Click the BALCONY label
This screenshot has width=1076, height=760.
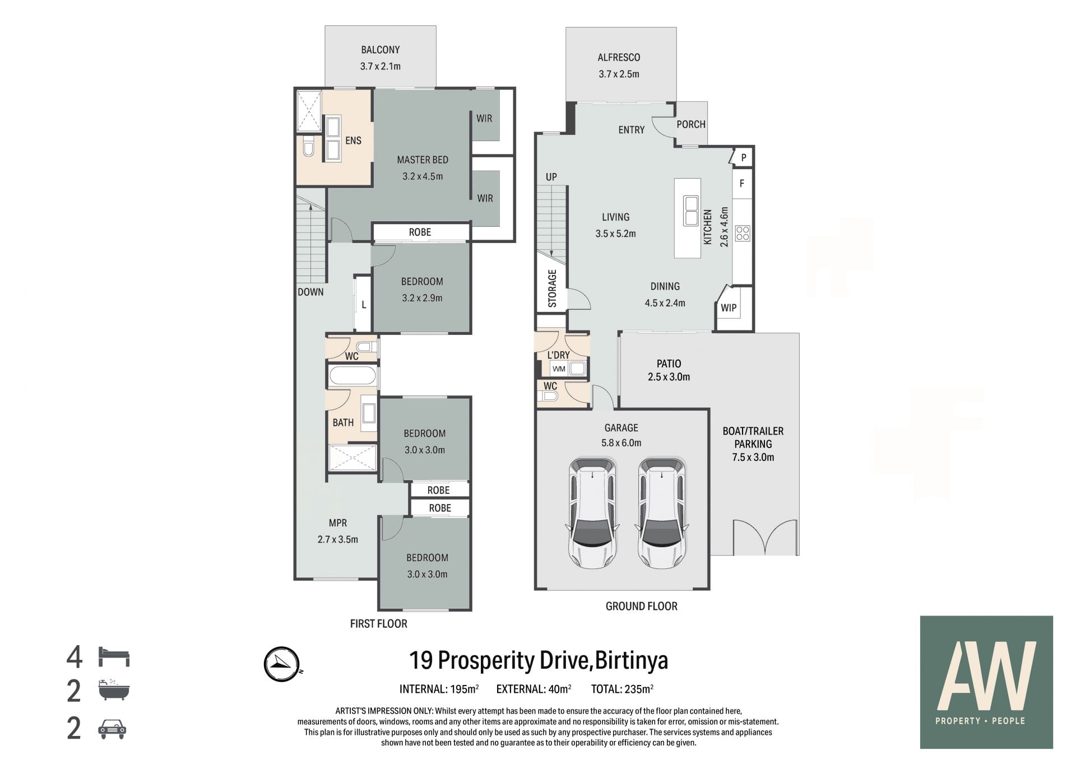click(x=380, y=50)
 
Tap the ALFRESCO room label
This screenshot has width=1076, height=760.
click(x=619, y=57)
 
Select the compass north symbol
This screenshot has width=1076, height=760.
click(x=282, y=664)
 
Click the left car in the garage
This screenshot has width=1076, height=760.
click(x=593, y=513)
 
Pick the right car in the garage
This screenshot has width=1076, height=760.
click(x=662, y=513)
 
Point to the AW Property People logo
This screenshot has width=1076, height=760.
click(x=986, y=682)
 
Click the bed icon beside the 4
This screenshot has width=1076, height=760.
click(x=114, y=656)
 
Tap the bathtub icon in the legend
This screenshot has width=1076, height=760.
click(x=114, y=691)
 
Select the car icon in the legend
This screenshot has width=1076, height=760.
click(x=112, y=729)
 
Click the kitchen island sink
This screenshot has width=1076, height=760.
click(x=691, y=210)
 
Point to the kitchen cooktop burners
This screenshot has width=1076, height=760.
click(x=743, y=233)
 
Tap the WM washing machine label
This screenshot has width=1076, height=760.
click(x=559, y=369)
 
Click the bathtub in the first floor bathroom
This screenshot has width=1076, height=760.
click(x=353, y=375)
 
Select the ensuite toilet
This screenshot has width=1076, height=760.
click(x=308, y=148)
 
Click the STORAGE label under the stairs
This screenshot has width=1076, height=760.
click(x=552, y=288)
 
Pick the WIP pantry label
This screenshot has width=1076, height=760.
click(x=729, y=308)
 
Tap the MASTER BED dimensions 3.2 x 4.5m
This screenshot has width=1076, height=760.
click(x=423, y=176)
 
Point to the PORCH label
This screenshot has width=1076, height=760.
click(x=691, y=124)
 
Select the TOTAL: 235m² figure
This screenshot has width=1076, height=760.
click(x=622, y=689)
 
